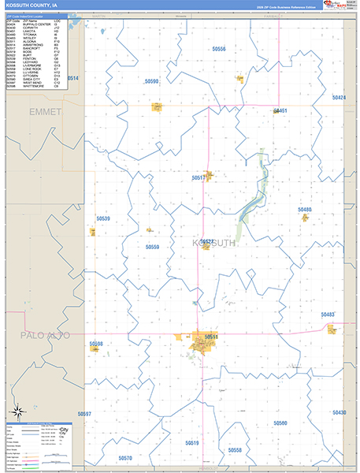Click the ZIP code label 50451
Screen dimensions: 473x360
point(280,111)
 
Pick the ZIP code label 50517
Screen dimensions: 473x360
point(199,178)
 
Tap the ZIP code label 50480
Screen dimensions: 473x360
point(305,210)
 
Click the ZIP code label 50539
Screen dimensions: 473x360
point(102,218)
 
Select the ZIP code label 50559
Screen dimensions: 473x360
point(152,247)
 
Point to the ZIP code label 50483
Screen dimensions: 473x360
point(328,314)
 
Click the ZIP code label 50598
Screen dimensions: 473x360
point(96,345)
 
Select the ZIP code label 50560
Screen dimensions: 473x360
point(280,423)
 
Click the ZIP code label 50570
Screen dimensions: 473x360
point(125,458)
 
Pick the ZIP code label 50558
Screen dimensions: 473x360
point(234,450)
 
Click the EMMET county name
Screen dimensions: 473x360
point(45,113)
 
